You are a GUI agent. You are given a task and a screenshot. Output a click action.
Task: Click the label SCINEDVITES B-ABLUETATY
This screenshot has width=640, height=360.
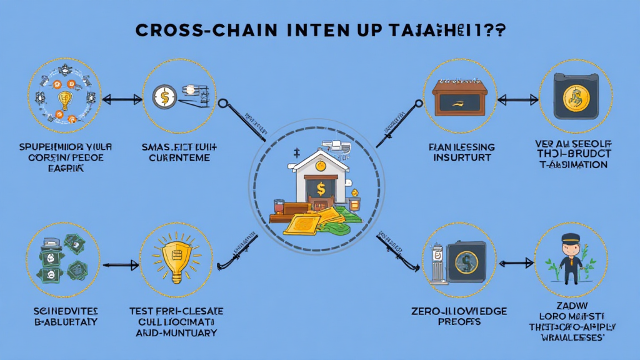pyautogui.click(x=61, y=316)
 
